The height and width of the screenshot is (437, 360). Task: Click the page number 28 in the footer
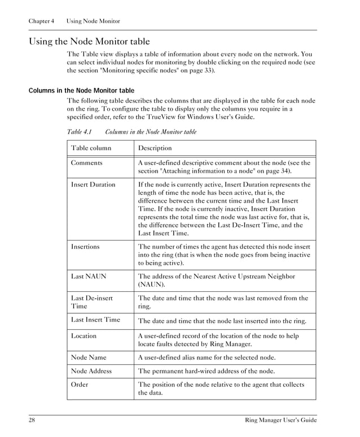pyautogui.click(x=32, y=421)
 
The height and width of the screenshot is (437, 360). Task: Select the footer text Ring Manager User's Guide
pyautogui.click(x=280, y=421)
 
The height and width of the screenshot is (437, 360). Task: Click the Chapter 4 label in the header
pyautogui.click(x=41, y=21)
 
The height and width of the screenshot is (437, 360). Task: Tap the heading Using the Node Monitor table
pyautogui.click(x=89, y=41)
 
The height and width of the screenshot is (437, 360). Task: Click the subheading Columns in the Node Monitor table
pyautogui.click(x=81, y=90)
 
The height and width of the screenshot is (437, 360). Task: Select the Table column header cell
pyautogui.click(x=91, y=148)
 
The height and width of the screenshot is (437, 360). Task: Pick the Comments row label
pyautogui.click(x=86, y=163)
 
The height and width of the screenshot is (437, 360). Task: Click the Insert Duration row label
pyautogui.click(x=93, y=184)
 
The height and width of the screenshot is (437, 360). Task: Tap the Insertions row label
pyautogui.click(x=85, y=246)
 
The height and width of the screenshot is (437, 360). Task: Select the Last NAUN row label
pyautogui.click(x=89, y=276)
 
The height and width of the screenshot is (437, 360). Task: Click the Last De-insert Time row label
pyautogui.click(x=91, y=302)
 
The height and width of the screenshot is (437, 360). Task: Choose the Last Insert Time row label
pyautogui.click(x=95, y=320)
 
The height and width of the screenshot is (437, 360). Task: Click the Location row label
pyautogui.click(x=84, y=335)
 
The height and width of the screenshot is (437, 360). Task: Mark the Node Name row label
pyautogui.click(x=89, y=357)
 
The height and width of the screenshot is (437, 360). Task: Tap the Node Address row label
pyautogui.click(x=91, y=371)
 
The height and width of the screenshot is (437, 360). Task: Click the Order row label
pyautogui.click(x=80, y=384)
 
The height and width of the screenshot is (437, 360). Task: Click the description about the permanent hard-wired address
pyautogui.click(x=207, y=371)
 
